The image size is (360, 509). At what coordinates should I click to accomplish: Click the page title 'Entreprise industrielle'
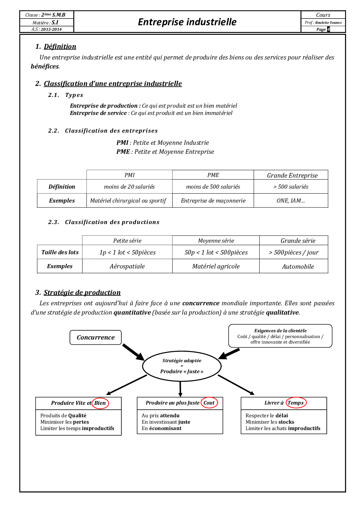pyautogui.click(x=187, y=22)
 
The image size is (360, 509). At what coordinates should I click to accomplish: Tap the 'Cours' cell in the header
pyautogui.click(x=323, y=15)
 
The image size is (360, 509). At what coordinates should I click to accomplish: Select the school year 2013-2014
pyautogui.click(x=51, y=29)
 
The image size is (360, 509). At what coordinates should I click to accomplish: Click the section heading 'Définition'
pyautogui.click(x=60, y=46)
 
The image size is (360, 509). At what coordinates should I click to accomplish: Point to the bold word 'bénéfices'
pyautogui.click(x=45, y=66)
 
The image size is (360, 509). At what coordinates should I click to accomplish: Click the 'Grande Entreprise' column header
pyautogui.click(x=292, y=175)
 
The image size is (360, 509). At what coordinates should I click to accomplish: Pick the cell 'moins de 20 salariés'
pyautogui.click(x=129, y=187)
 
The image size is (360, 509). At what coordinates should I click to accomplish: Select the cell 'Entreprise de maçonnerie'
pyautogui.click(x=213, y=201)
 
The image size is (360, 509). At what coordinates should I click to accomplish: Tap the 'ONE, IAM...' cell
pyautogui.click(x=291, y=201)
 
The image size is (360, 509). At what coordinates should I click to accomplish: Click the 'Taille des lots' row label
pyautogui.click(x=60, y=252)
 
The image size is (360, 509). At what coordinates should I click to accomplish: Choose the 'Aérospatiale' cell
pyautogui.click(x=127, y=266)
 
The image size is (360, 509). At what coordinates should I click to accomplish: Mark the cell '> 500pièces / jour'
pyautogui.click(x=294, y=252)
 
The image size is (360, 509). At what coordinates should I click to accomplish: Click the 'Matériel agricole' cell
pyautogui.click(x=216, y=266)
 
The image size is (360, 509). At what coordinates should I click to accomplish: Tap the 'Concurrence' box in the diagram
pyautogui.click(x=96, y=337)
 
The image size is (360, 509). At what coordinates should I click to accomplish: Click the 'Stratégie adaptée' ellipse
pyautogui.click(x=182, y=366)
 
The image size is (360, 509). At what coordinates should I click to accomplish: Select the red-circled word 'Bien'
pyautogui.click(x=100, y=403)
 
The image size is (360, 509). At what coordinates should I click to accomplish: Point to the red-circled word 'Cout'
pyautogui.click(x=209, y=402)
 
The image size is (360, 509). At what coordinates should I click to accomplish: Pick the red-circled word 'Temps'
pyautogui.click(x=296, y=402)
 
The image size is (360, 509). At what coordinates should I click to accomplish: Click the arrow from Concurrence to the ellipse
pyautogui.click(x=133, y=352)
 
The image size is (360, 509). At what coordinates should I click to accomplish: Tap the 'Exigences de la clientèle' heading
pyautogui.click(x=280, y=331)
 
